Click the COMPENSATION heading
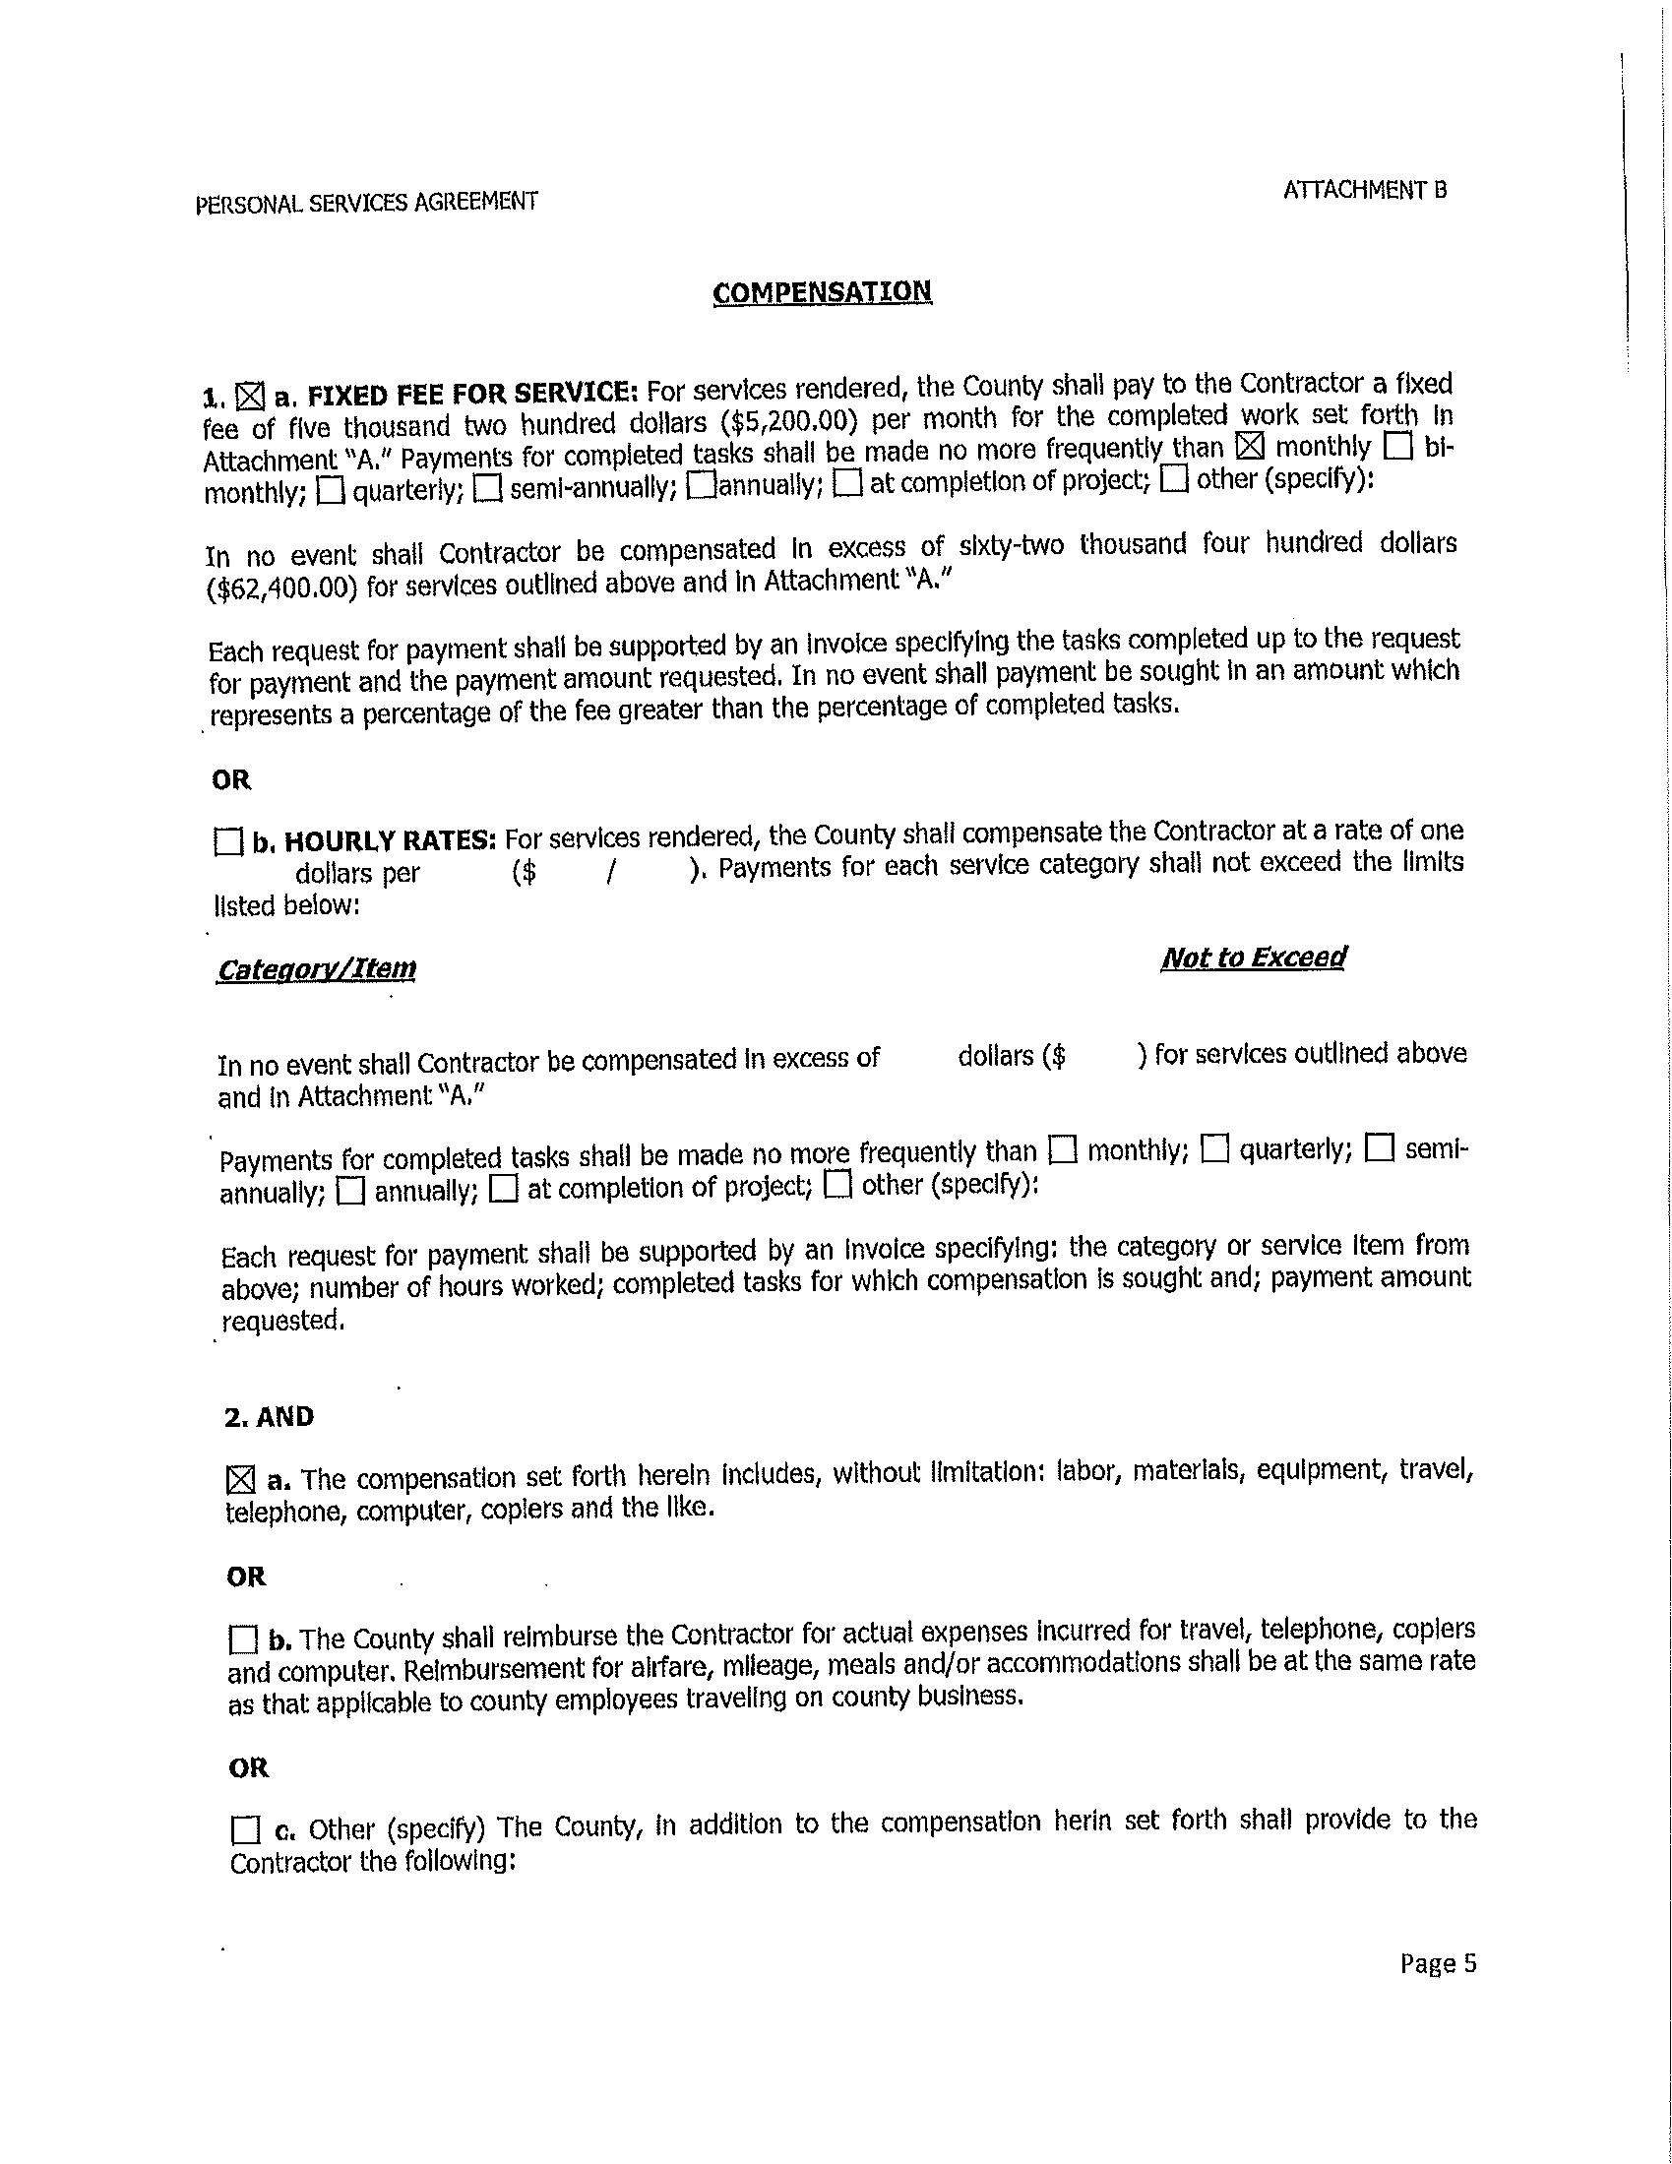pyautogui.click(x=822, y=292)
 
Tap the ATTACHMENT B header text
pyautogui.click(x=1365, y=190)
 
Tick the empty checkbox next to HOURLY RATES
pyautogui.click(x=228, y=843)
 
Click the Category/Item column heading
pyautogui.click(x=316, y=969)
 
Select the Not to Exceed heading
pyautogui.click(x=1253, y=958)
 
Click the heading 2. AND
pyautogui.click(x=270, y=1417)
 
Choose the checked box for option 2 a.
pyautogui.click(x=240, y=1482)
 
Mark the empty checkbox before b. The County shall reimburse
pyautogui.click(x=242, y=1639)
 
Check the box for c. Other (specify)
pyautogui.click(x=243, y=1829)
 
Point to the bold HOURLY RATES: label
pyautogui.click(x=390, y=841)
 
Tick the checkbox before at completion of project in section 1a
pyautogui.click(x=848, y=483)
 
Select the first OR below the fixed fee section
pyautogui.click(x=232, y=779)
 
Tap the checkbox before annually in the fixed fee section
pyautogui.click(x=701, y=484)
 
